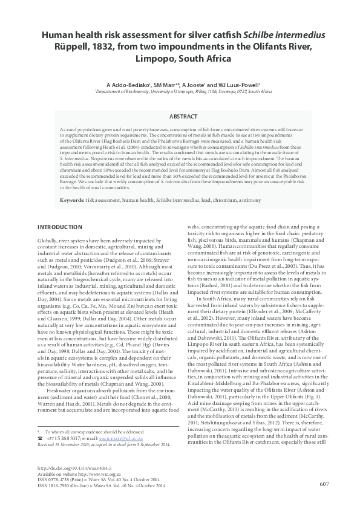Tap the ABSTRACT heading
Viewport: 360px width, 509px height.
[x=180, y=115]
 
